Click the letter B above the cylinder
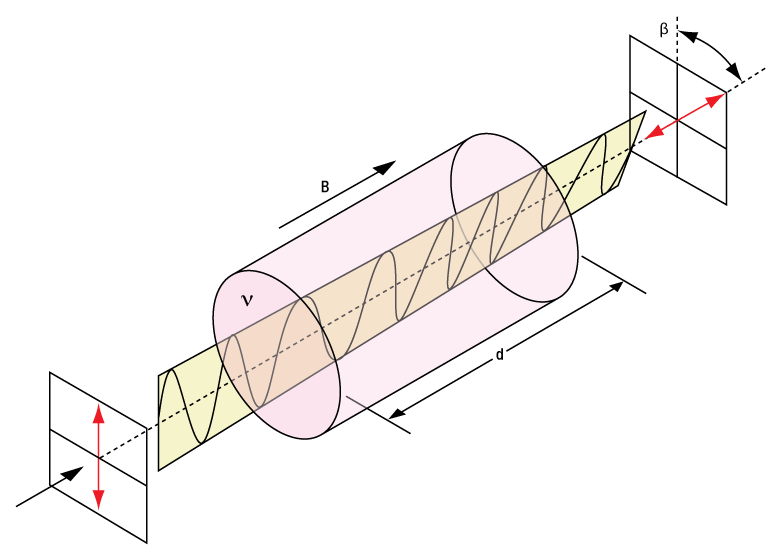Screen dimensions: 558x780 pyautogui.click(x=325, y=187)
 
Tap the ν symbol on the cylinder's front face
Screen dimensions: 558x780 pyautogui.click(x=248, y=299)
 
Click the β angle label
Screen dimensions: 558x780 pyautogui.click(x=663, y=29)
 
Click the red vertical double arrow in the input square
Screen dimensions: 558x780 pyautogui.click(x=98, y=455)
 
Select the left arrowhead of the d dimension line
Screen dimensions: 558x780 pyautogui.click(x=396, y=412)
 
